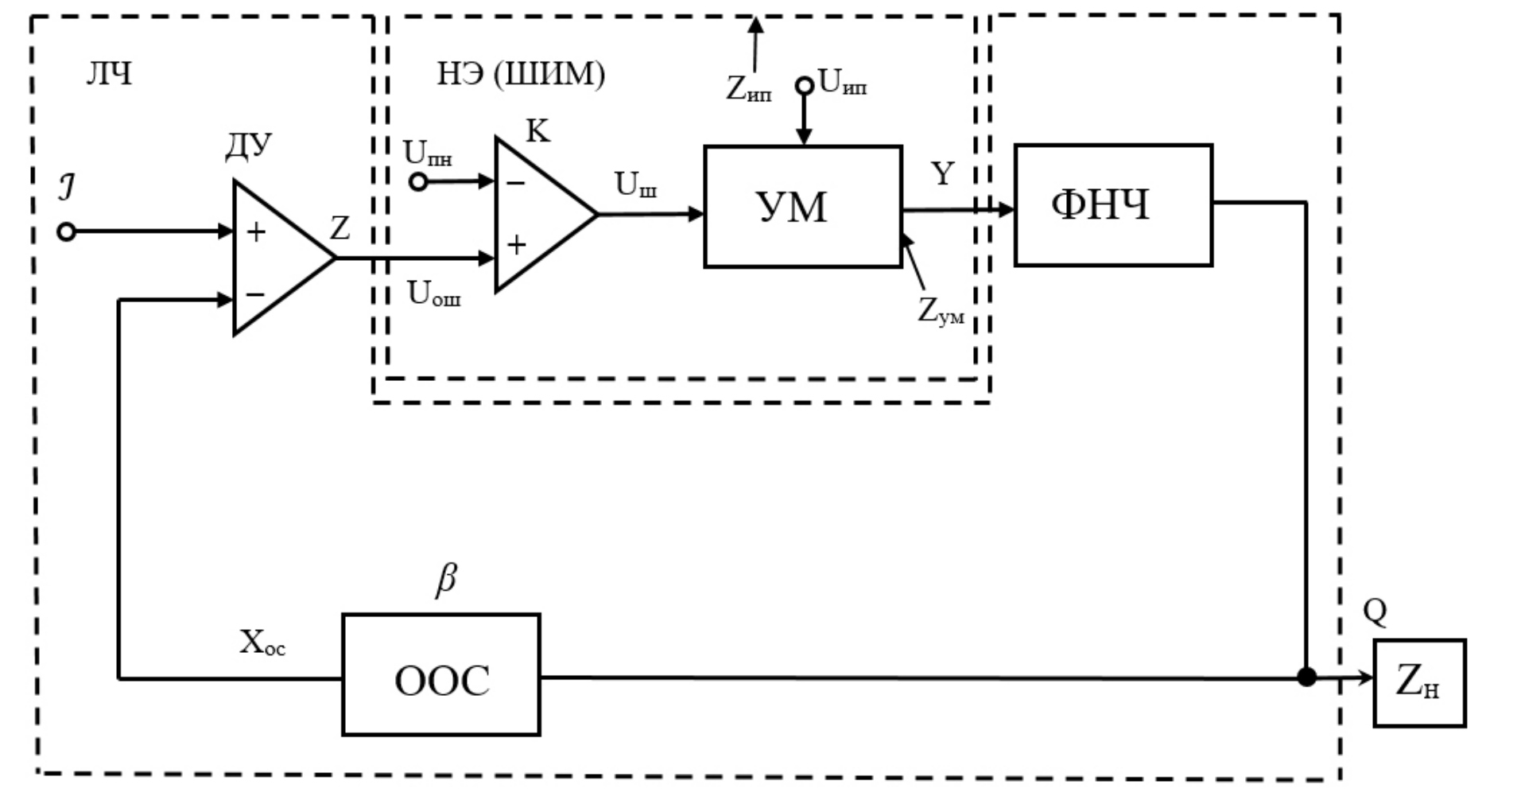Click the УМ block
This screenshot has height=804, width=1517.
click(x=802, y=207)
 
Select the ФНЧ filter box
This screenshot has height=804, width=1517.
click(x=1112, y=205)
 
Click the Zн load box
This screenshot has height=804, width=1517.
click(x=1419, y=683)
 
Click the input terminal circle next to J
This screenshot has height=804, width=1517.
click(x=67, y=232)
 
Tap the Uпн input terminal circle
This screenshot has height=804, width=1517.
click(x=418, y=182)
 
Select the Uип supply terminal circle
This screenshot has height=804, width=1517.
click(x=805, y=85)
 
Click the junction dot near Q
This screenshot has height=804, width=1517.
click(x=1306, y=678)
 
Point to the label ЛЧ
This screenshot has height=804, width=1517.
click(x=109, y=74)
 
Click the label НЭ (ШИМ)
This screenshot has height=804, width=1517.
click(x=521, y=74)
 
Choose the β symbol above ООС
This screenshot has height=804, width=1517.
click(x=446, y=578)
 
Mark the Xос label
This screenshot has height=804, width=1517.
click(x=262, y=643)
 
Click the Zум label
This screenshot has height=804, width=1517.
click(x=941, y=311)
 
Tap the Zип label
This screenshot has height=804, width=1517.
click(x=748, y=88)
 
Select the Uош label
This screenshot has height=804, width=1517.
click(x=433, y=294)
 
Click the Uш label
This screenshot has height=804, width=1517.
click(x=635, y=185)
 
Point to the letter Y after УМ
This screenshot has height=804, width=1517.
click(x=942, y=173)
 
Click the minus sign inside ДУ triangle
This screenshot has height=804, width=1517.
click(x=255, y=295)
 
